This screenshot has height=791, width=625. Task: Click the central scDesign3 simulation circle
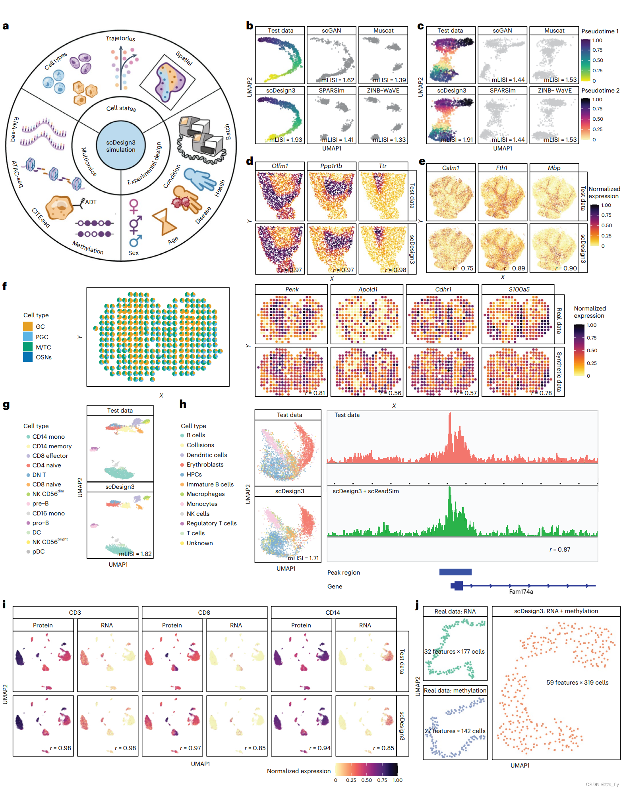coord(121,146)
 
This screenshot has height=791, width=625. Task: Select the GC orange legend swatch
coord(28,326)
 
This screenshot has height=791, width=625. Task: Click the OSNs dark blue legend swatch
coord(28,357)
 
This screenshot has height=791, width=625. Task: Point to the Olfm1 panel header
coord(280,166)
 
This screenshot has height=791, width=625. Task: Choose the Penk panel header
coord(292,289)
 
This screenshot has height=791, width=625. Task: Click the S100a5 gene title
coord(519,289)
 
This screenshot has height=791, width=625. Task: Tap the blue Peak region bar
coord(455,572)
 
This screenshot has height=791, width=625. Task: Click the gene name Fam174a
coord(521,592)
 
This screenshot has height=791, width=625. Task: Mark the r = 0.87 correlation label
coord(559,550)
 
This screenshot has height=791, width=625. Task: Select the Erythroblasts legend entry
coord(205,465)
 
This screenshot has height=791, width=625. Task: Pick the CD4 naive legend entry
coord(46,465)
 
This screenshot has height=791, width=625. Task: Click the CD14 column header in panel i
coord(333,613)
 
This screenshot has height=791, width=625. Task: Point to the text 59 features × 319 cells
coord(577,683)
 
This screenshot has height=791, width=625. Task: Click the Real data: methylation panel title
coord(455,691)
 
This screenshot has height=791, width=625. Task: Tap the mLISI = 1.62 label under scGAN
coord(337,80)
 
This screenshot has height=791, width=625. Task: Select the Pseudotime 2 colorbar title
coord(600,91)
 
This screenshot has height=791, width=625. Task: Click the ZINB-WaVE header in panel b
coord(383,91)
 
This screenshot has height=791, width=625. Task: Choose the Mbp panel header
coord(554,168)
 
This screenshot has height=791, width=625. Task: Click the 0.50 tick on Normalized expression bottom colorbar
coord(366,780)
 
